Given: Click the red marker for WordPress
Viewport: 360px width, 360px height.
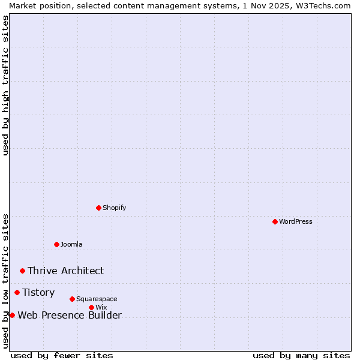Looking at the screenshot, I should (275, 221).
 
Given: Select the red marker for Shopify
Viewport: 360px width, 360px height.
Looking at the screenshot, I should (98, 208).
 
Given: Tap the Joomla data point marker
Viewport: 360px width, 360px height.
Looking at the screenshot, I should (56, 244).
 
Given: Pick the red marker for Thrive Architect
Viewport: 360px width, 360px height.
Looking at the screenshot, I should (22, 271).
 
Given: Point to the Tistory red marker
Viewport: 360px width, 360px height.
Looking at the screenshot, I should (17, 292).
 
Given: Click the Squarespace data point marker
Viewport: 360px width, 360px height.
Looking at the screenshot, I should (72, 299).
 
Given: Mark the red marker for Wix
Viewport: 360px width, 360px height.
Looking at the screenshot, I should (91, 307).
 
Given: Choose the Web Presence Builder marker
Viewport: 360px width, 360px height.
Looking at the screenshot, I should (12, 315).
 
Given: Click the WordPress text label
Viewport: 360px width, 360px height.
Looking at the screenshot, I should (296, 221).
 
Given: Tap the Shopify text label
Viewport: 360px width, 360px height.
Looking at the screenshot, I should (114, 208).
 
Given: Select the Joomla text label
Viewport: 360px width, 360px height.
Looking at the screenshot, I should (71, 244).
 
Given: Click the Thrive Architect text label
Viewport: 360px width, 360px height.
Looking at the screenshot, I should (65, 271).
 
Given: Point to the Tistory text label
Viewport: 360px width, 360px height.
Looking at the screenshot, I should (38, 292).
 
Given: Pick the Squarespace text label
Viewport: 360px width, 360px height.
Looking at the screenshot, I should (97, 299).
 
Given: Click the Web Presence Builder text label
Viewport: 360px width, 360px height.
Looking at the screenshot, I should (70, 315).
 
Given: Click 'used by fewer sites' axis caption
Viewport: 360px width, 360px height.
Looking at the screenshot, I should (62, 355).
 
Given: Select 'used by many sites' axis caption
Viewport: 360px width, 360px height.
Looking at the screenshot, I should (301, 355).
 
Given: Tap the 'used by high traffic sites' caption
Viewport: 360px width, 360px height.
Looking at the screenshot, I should (5, 85).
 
